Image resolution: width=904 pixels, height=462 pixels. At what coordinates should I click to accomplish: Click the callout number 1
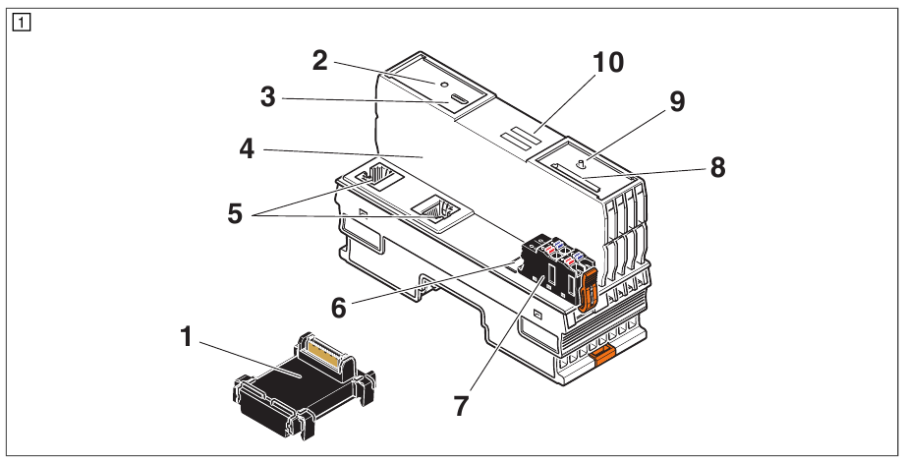point(185,337)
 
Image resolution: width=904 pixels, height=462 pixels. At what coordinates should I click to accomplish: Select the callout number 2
point(319,60)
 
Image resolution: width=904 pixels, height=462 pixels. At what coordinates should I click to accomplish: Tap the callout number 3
point(267,98)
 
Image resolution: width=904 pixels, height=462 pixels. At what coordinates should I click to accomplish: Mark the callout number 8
point(717,168)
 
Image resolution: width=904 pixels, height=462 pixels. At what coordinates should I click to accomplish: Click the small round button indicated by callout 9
point(580,163)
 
